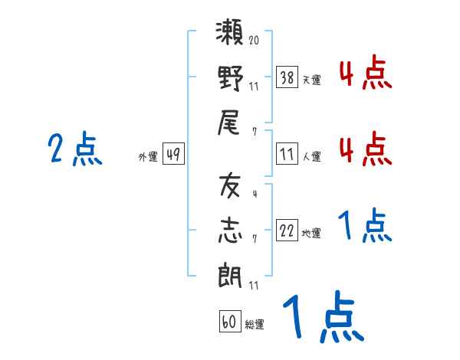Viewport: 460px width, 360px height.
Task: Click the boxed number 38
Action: coord(287,77)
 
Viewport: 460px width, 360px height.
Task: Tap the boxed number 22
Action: coord(287,231)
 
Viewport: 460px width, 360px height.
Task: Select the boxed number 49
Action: coord(173,155)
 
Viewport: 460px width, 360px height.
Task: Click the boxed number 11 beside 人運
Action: coord(287,155)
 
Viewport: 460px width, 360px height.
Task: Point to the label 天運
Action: coord(311,80)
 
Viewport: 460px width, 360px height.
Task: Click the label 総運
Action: coord(254,324)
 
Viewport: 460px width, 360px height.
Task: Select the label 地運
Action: coord(311,233)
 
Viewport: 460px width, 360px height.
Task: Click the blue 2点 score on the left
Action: coord(74,149)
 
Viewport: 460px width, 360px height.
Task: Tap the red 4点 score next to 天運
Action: coord(365,75)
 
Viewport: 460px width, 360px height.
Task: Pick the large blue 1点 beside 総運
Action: coord(322,317)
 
